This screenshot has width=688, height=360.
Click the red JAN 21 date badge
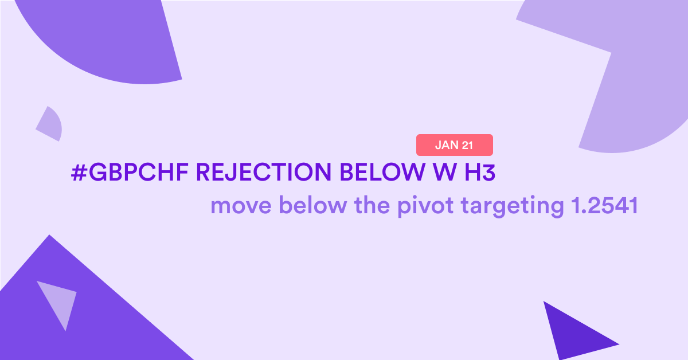tap(455, 145)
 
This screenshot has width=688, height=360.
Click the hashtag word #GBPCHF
tap(130, 172)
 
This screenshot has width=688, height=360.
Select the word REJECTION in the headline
tap(264, 172)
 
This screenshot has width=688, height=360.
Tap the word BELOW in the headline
tap(382, 172)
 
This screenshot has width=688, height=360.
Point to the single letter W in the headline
tap(445, 172)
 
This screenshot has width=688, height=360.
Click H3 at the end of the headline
tap(480, 172)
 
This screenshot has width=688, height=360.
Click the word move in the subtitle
tap(241, 205)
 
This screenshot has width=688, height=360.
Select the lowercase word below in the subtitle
tap(313, 205)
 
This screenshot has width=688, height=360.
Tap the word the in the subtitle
tap(373, 205)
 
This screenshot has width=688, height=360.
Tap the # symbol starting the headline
tap(79, 173)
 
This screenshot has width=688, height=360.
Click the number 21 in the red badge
tap(467, 145)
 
